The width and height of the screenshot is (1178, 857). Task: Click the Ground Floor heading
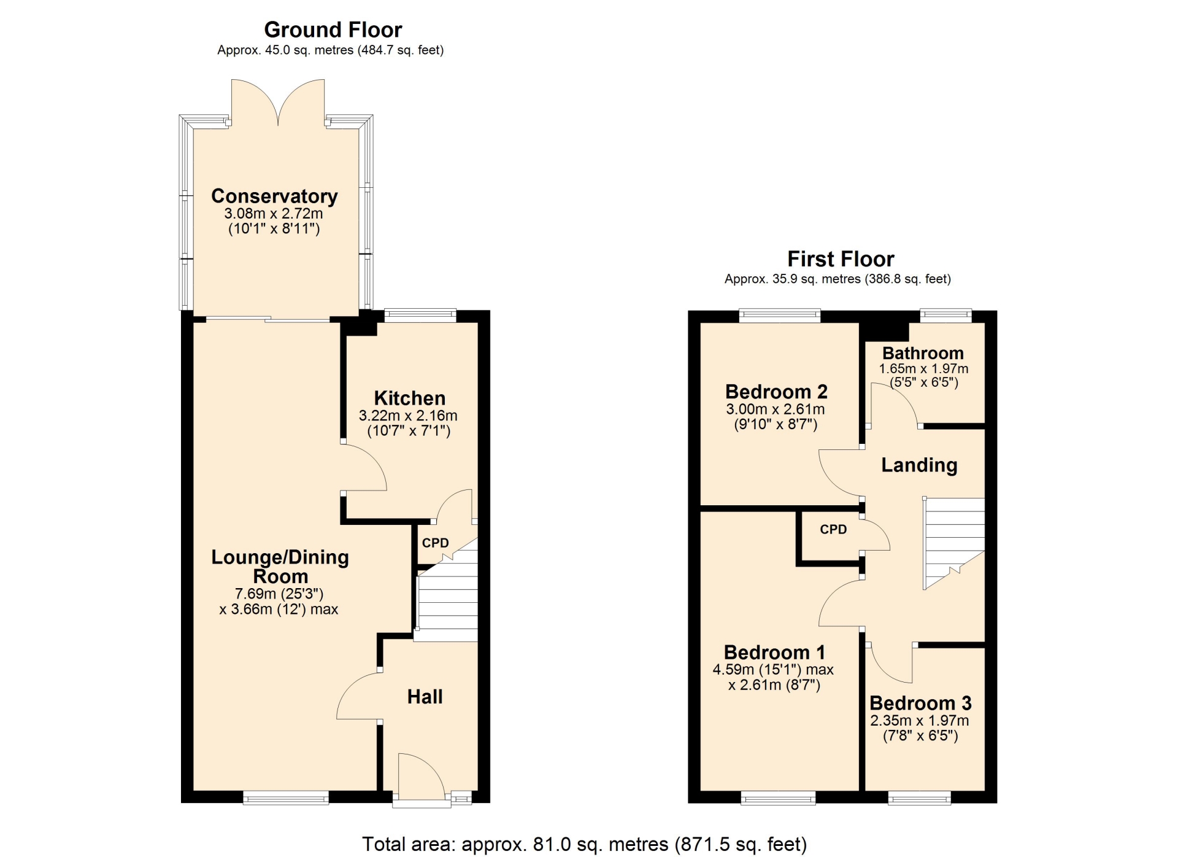click(333, 29)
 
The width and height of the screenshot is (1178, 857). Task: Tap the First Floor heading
click(841, 258)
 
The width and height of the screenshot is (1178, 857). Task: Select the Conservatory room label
click(274, 196)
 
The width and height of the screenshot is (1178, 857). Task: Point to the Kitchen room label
click(410, 398)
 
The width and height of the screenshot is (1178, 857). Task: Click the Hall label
click(425, 696)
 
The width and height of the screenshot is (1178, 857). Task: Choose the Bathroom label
click(923, 353)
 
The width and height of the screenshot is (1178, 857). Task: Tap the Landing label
click(919, 465)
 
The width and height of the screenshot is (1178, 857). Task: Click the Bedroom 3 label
click(920, 702)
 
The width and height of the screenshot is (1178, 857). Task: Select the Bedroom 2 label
click(776, 391)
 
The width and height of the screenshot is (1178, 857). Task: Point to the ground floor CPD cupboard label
click(435, 543)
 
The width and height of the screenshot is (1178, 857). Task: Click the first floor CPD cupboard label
click(833, 529)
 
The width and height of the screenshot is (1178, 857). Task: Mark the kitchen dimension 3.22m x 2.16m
click(408, 416)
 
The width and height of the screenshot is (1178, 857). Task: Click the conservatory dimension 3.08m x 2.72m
click(273, 214)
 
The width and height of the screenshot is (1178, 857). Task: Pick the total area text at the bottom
click(584, 844)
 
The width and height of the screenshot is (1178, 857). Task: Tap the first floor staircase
click(954, 543)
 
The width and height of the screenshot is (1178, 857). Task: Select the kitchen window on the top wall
click(420, 316)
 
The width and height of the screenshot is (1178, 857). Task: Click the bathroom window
click(946, 316)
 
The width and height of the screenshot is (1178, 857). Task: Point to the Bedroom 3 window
click(919, 797)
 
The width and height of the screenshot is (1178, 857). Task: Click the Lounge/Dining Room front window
click(286, 797)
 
